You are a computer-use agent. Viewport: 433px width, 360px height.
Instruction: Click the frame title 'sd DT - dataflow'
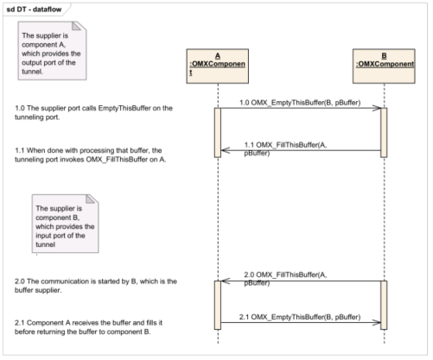coord(34,9)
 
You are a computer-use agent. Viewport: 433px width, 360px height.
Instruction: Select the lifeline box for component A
coord(218,66)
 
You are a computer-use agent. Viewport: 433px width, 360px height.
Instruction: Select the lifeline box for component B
coord(384,66)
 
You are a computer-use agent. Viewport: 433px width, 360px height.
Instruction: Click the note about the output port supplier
coord(52,51)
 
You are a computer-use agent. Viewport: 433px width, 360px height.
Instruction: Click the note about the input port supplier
coord(65,224)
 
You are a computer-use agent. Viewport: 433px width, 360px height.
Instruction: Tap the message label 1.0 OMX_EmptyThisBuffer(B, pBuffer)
coord(300,103)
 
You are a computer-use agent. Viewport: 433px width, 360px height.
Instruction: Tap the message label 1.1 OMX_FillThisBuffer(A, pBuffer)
coord(285,148)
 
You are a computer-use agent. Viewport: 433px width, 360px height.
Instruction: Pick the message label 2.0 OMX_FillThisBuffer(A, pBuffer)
coord(285,279)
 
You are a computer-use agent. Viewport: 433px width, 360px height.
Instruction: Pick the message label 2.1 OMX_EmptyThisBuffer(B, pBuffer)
coord(300,317)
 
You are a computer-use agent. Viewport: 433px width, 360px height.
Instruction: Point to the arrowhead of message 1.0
coord(380,108)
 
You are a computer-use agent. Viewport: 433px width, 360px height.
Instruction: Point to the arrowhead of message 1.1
coord(222,150)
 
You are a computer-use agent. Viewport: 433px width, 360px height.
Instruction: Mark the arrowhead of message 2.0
coord(222,281)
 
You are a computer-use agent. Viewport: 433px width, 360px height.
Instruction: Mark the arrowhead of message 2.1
coord(380,322)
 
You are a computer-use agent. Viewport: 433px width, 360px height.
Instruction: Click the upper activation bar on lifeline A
coord(218,133)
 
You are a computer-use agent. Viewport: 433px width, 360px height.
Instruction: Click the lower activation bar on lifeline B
coord(384,305)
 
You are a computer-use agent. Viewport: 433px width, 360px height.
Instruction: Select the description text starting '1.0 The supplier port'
coord(93,112)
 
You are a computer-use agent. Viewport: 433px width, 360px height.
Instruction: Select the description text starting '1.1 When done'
coord(91,155)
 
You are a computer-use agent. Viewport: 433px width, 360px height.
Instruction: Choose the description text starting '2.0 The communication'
coord(96,286)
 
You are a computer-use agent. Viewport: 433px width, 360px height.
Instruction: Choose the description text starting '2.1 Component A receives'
coord(88,327)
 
